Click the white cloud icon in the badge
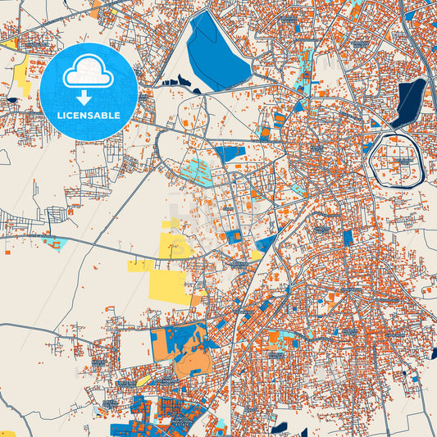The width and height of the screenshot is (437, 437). pyautogui.click(x=89, y=71)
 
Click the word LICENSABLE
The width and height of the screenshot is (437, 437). pyautogui.click(x=89, y=116)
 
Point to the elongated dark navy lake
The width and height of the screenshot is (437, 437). pyautogui.click(x=408, y=102)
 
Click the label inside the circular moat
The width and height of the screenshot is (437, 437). pyautogui.click(x=402, y=161)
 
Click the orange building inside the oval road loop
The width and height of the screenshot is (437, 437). pyautogui.click(x=185, y=123)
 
